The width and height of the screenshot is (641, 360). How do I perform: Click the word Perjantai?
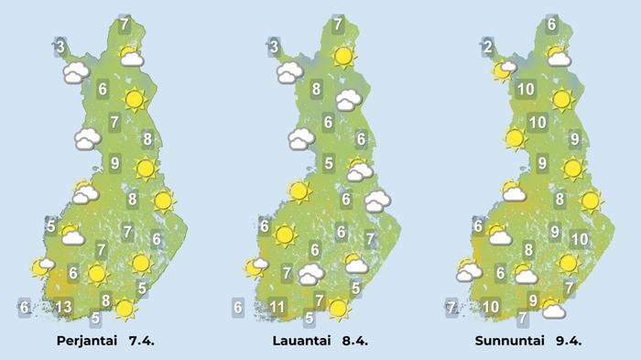(x=83, y=341)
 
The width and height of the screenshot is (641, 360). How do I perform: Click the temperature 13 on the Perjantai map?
(x=63, y=307)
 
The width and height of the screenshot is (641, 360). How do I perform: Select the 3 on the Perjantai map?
(x=60, y=47)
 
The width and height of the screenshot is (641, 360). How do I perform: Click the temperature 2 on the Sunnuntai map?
(x=488, y=48)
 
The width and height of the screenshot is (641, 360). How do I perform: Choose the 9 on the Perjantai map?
(x=114, y=164)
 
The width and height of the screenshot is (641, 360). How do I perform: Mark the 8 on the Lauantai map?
(x=316, y=89)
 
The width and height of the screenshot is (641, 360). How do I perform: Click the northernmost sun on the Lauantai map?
(x=343, y=56)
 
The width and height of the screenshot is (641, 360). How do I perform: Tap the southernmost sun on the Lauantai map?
(x=340, y=309)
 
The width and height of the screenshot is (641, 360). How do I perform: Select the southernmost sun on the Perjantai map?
(x=125, y=310)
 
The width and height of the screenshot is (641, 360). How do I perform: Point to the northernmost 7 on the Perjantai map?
(x=125, y=25)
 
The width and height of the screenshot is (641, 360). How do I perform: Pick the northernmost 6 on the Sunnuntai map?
(x=552, y=25)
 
